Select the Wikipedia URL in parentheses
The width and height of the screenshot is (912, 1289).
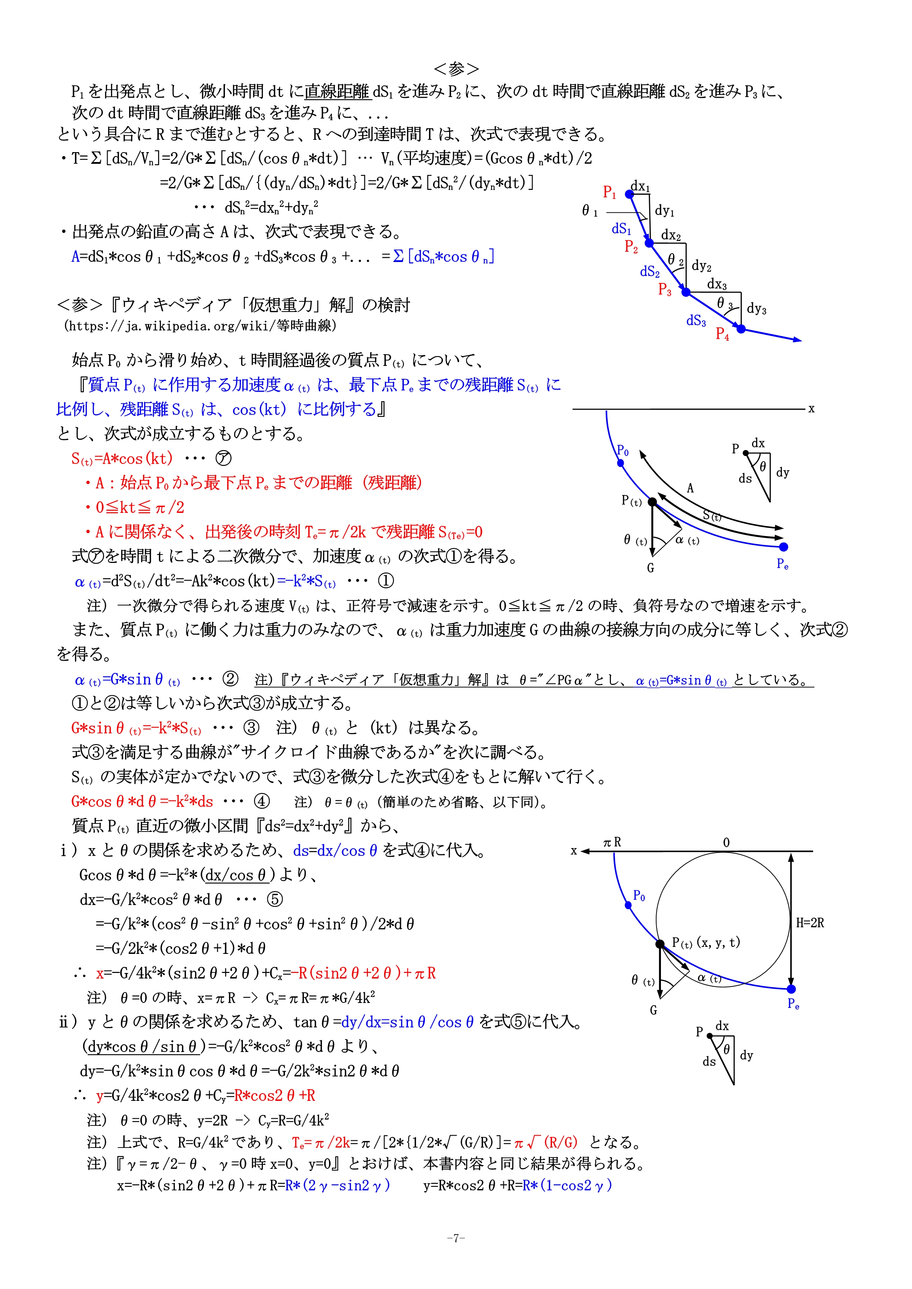pyautogui.click(x=200, y=326)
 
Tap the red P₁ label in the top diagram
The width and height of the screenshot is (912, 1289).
pyautogui.click(x=609, y=193)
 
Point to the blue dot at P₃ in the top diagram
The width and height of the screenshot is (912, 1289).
pyautogui.click(x=686, y=292)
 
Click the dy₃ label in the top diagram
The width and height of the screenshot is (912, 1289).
pyautogui.click(x=757, y=308)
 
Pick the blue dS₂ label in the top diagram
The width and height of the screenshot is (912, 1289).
pyautogui.click(x=650, y=272)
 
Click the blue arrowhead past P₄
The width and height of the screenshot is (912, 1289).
pyautogui.click(x=797, y=339)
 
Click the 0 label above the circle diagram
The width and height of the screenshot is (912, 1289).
pyautogui.click(x=726, y=843)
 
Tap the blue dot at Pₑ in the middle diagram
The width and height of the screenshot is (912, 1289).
pyautogui.click(x=784, y=547)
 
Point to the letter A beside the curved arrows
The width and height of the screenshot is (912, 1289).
pyautogui.click(x=690, y=488)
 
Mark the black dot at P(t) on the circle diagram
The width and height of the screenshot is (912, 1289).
pyautogui.click(x=661, y=944)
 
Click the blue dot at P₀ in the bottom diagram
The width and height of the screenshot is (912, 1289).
pyautogui.click(x=628, y=905)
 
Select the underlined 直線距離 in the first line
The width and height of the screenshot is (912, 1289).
pyautogui.click(x=337, y=91)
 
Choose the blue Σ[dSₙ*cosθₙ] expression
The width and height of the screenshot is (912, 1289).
pyautogui.click(x=444, y=256)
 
